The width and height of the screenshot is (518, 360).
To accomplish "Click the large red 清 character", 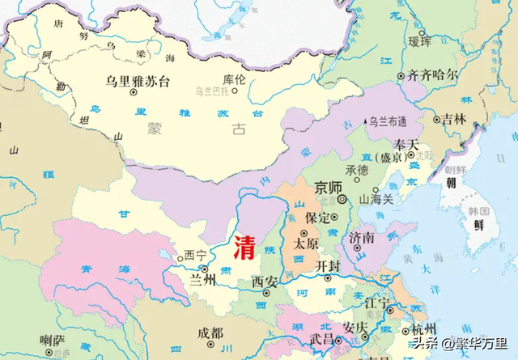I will (244, 246).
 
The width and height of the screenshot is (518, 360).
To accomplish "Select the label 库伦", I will (235, 80).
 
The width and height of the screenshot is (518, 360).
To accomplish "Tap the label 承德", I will (357, 170).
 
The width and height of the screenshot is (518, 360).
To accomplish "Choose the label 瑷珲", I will (419, 41).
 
